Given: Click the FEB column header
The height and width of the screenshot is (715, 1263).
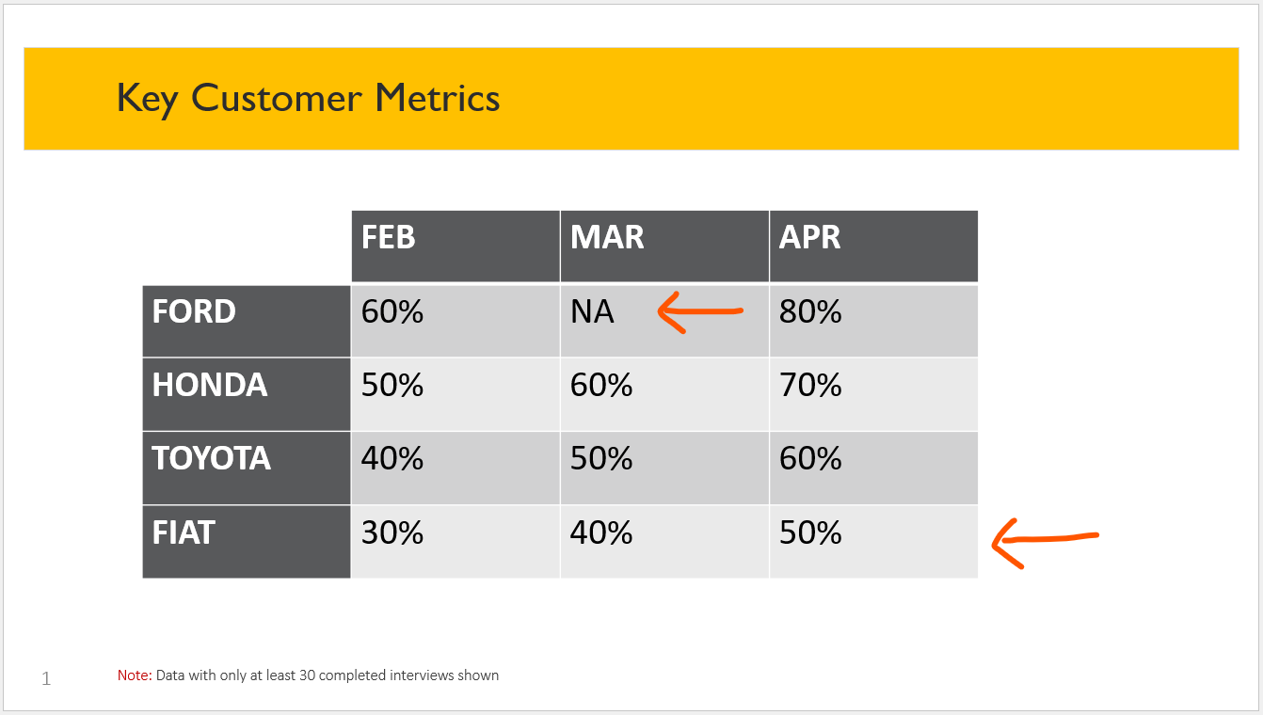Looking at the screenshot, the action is coord(389,237).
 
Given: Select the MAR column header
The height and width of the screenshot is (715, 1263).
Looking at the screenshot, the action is coord(607,237).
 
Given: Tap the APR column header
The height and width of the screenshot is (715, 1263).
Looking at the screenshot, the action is coord(809,237).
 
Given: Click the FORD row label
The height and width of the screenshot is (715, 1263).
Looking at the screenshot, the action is coord(194,311).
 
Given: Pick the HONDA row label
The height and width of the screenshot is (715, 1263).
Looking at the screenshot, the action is coord(210,385).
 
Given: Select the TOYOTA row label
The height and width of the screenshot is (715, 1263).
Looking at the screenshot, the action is coord(212,458).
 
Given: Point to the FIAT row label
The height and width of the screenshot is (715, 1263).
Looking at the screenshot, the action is coord(184,532).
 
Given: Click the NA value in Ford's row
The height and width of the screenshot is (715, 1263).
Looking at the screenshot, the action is coord(592,311).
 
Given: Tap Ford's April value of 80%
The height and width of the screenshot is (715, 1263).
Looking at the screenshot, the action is coord(810,311).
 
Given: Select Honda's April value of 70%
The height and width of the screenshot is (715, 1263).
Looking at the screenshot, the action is coord(810,385).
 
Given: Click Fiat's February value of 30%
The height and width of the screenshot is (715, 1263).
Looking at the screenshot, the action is coord(392,532).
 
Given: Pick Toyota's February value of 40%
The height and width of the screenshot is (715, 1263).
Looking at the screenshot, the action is coord(392,458).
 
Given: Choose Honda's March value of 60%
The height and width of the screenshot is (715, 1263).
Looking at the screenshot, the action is coord(601,385).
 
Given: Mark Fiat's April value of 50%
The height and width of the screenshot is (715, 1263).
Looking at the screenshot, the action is coord(810,532).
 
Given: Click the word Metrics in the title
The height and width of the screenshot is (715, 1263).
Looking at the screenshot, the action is coord(437,98).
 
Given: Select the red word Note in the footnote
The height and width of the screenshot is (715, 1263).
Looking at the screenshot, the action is coord(135,675).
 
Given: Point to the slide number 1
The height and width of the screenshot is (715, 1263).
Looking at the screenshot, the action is coord(46,678).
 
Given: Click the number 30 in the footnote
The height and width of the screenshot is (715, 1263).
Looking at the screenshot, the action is coord(307,675).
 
